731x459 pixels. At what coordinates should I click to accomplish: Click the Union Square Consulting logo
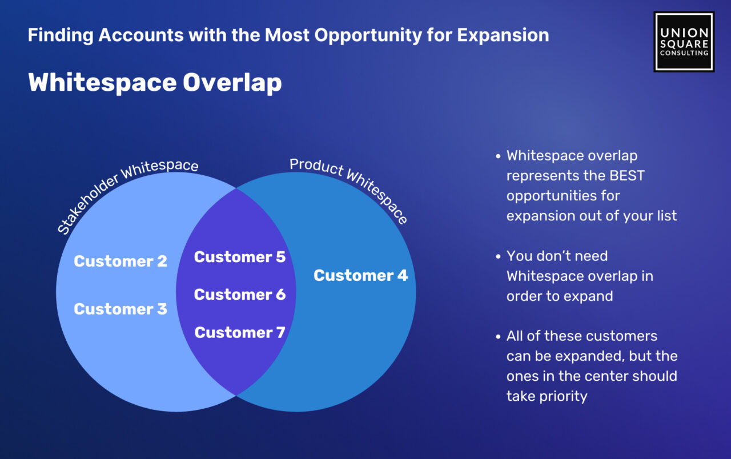click(x=684, y=42)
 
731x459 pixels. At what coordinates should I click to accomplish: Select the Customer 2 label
click(x=121, y=261)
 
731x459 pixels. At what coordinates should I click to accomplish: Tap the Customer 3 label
click(x=121, y=309)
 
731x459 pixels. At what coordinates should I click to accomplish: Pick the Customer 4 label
click(x=360, y=275)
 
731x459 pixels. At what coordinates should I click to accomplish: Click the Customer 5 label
click(x=240, y=257)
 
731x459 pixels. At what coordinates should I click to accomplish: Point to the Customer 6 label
click(x=240, y=294)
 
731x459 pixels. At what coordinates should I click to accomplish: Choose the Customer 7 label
click(x=240, y=332)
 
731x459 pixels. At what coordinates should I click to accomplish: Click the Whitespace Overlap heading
click(x=155, y=82)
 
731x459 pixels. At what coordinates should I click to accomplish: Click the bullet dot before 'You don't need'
click(x=498, y=256)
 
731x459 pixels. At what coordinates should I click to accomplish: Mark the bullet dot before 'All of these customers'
click(x=498, y=336)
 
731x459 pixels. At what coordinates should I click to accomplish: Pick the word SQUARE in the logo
click(x=684, y=44)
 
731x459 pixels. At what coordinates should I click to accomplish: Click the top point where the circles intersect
click(x=236, y=188)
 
